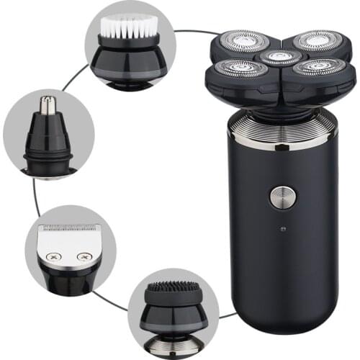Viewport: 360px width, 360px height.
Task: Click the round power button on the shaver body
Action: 281,197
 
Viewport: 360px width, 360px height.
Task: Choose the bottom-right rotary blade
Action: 311,67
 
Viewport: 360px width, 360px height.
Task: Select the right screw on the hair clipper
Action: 85,256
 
